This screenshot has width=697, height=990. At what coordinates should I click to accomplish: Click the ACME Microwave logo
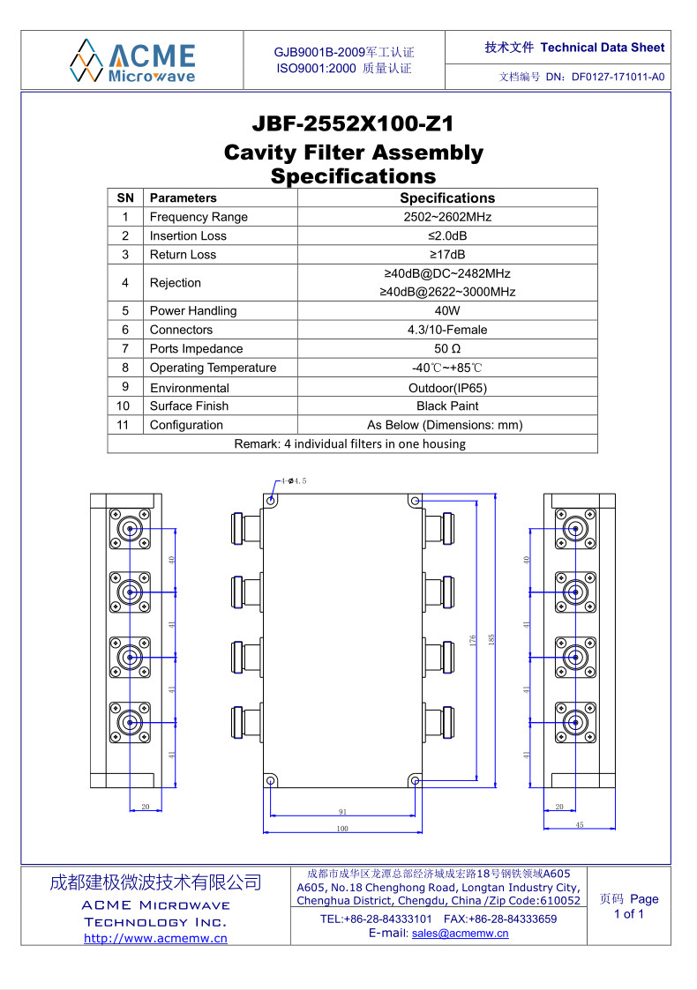pos(132,60)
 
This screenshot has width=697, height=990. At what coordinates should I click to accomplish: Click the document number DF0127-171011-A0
pos(618,77)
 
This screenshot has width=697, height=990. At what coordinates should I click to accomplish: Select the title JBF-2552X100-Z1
pos(353,124)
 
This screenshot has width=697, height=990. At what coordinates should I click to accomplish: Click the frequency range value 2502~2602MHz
pos(447,217)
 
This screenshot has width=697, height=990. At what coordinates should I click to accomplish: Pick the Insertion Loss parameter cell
pos(188,235)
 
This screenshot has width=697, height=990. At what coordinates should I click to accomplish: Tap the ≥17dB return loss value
pos(447,254)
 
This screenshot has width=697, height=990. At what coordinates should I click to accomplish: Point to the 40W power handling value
pos(447,310)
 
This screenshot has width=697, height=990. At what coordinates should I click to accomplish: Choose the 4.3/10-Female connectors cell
pos(447,330)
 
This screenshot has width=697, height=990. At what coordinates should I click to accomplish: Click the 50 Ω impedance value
pos(447,348)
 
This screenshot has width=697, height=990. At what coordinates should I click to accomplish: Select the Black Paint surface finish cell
pos(447,406)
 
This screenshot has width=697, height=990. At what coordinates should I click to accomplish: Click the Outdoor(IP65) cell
pos(447,388)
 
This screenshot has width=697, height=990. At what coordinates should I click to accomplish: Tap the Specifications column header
pos(447,198)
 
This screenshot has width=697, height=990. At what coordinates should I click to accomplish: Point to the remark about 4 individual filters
pos(350,443)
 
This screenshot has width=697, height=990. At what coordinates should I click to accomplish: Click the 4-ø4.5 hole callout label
pos(294,481)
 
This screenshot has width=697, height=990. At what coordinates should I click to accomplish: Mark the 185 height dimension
pos(491,637)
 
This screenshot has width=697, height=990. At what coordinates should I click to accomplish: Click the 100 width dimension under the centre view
pos(342,829)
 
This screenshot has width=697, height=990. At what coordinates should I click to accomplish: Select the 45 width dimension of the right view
pos(579,825)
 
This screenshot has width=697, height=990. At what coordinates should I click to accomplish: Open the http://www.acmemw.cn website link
pos(155,938)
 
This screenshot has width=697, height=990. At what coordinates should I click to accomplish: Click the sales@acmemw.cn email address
pos(460,934)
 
